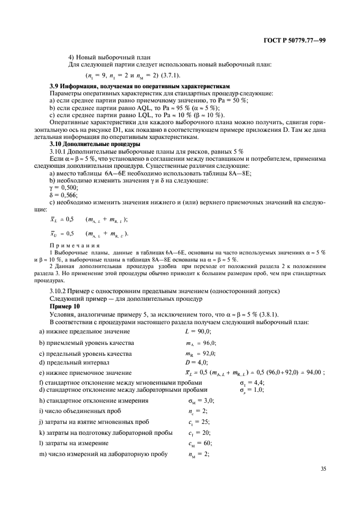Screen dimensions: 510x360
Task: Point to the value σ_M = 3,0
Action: [x=198, y=401]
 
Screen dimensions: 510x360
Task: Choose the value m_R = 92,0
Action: [x=198, y=353]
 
